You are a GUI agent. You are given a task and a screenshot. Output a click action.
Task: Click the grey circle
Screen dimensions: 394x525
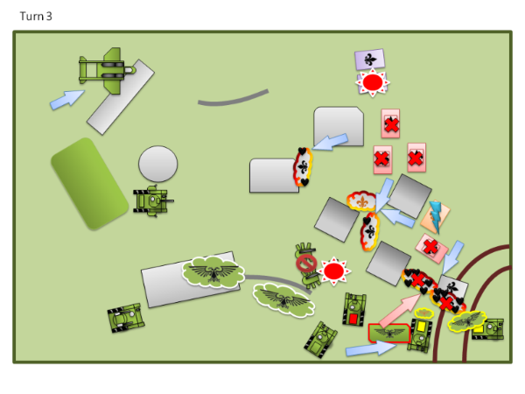pyautogui.click(x=157, y=164)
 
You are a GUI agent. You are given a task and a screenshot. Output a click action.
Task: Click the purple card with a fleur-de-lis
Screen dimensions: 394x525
pyautogui.click(x=370, y=60)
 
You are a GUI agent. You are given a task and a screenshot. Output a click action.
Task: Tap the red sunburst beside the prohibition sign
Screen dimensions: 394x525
pyautogui.click(x=333, y=271)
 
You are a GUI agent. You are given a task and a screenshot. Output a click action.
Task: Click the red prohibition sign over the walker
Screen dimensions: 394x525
pyautogui.click(x=306, y=263)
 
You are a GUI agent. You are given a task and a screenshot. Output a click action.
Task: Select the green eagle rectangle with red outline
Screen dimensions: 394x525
pyautogui.click(x=388, y=334)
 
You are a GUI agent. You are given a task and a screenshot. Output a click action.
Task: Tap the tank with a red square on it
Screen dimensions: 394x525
pyautogui.click(x=353, y=311)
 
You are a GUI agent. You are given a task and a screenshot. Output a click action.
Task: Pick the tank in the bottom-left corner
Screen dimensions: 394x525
pyautogui.click(x=125, y=318)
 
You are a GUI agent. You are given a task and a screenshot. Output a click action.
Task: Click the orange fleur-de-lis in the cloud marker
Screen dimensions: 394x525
pyautogui.click(x=360, y=202)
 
